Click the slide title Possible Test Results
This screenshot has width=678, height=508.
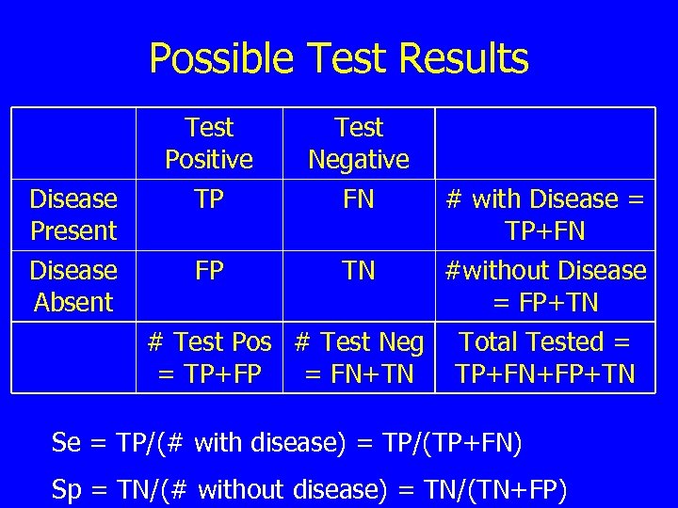pos(339,58)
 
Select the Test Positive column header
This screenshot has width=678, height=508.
pos(209,143)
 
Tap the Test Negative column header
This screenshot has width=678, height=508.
pos(359,143)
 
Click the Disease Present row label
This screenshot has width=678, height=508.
pos(73,214)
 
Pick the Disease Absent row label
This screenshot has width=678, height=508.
pos(73,286)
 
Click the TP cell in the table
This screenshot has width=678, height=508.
pos(209,199)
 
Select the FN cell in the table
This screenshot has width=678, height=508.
pos(359,199)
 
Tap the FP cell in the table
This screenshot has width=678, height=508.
pos(209,271)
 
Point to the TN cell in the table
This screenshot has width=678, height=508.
pos(359,271)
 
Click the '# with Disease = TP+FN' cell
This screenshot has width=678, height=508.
pos(544,214)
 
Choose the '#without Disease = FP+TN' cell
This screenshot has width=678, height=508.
pos(544,286)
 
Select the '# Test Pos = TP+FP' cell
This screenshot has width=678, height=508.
pos(209,357)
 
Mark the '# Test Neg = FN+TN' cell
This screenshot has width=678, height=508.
pos(359,357)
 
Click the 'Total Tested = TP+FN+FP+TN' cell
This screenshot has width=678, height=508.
pos(544,357)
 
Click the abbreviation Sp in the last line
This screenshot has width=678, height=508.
pos(66,489)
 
